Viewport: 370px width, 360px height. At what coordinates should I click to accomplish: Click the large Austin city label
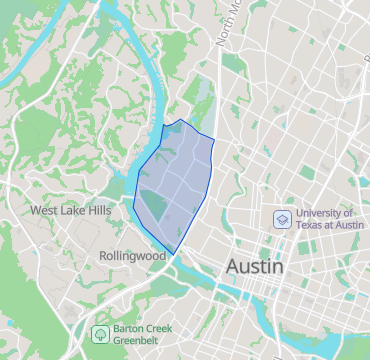pos(255,267)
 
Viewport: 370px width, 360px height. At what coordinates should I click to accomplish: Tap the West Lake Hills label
pos(71,211)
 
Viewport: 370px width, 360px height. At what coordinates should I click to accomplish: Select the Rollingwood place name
pos(132,256)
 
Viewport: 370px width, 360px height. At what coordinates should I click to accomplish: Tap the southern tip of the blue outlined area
pos(175,252)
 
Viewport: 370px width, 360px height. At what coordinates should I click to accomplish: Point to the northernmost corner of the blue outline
pos(181,120)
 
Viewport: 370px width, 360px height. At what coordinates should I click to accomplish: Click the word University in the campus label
pos(326,213)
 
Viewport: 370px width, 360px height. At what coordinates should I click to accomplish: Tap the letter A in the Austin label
pos(235,267)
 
